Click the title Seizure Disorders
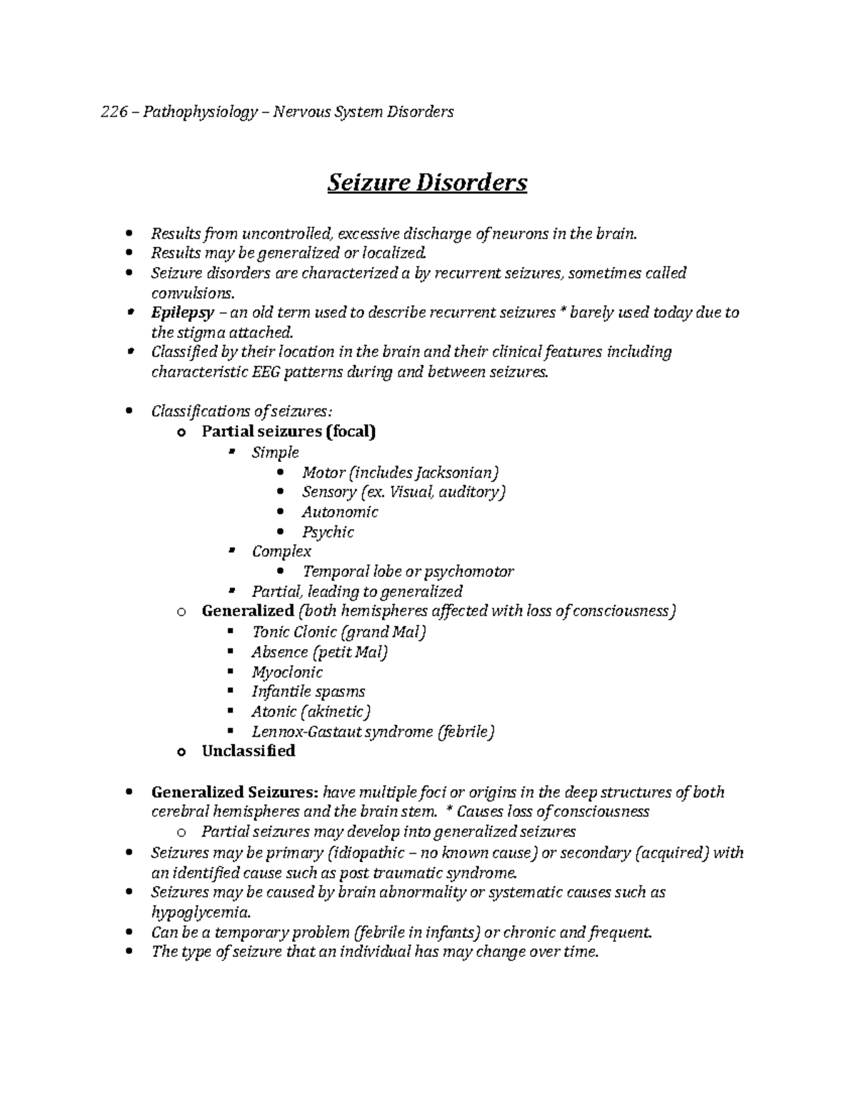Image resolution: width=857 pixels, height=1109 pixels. click(427, 183)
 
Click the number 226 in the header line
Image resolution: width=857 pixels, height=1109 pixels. click(114, 112)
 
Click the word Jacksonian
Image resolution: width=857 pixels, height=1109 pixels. click(454, 473)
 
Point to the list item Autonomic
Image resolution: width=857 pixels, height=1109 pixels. click(340, 512)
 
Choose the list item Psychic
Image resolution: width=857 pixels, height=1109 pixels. click(328, 532)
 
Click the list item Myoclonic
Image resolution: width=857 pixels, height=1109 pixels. click(287, 672)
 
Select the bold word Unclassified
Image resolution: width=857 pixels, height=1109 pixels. click(248, 751)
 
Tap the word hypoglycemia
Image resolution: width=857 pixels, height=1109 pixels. click(200, 913)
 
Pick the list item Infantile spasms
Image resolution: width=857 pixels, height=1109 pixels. click(308, 692)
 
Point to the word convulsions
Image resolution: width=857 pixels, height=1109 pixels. click(191, 293)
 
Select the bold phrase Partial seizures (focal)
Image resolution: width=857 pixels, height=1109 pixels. click(289, 431)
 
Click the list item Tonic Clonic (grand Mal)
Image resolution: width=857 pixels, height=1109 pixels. click(339, 633)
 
